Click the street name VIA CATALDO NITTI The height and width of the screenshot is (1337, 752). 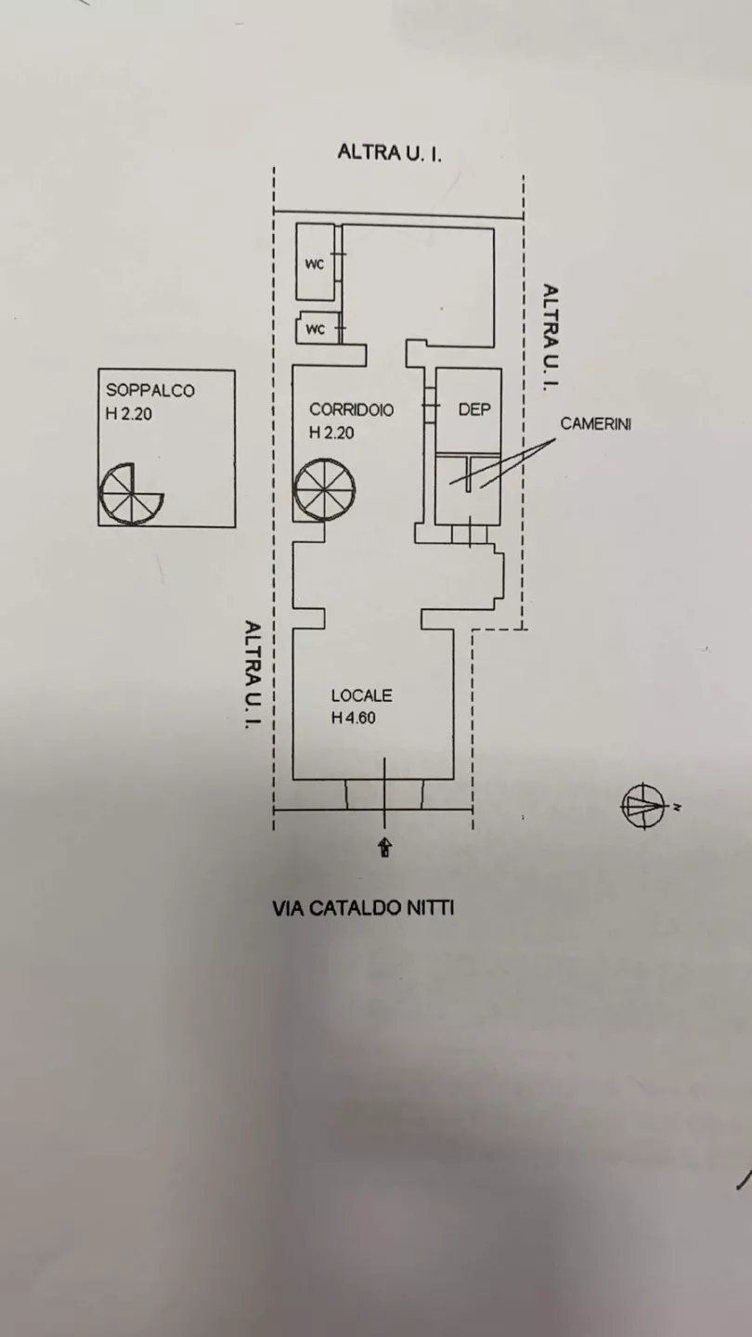[x=363, y=908]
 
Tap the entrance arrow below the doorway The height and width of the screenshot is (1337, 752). [x=385, y=848]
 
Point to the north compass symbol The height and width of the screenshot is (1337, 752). [x=644, y=806]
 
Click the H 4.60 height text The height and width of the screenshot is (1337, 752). [x=354, y=718]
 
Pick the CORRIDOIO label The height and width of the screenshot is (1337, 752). [x=352, y=410]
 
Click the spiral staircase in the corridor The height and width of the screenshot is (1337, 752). [x=324, y=489]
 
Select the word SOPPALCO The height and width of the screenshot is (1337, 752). [x=150, y=390]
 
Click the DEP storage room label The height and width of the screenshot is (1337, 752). [x=474, y=409]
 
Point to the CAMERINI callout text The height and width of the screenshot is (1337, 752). [x=596, y=423]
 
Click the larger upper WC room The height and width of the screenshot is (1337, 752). [x=315, y=263]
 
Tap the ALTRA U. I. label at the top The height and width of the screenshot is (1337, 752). [x=390, y=153]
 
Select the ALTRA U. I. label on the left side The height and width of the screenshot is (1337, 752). [x=253, y=674]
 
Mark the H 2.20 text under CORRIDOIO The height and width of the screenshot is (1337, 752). [x=331, y=434]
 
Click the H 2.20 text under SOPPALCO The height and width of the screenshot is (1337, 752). [x=128, y=414]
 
